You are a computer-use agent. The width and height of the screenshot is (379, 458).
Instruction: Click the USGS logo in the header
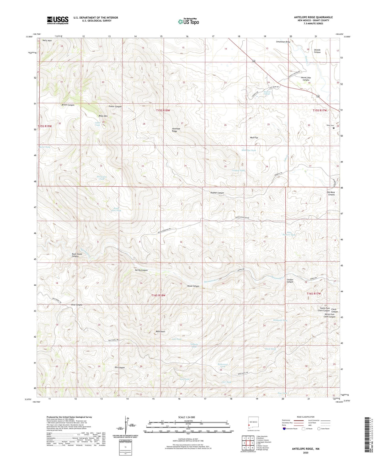click(x=58, y=20)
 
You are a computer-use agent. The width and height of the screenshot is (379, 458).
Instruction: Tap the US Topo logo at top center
click(x=188, y=22)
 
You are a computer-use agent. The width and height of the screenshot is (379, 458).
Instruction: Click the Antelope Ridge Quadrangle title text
click(x=313, y=17)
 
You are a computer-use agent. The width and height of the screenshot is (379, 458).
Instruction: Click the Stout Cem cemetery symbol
click(x=334, y=128)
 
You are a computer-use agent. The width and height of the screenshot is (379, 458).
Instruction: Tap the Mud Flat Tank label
click(x=248, y=150)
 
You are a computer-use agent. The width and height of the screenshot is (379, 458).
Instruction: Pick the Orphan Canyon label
click(x=217, y=193)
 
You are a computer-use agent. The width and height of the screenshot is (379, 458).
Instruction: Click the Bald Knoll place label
click(x=160, y=332)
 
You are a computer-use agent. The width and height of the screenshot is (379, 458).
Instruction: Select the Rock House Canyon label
click(x=77, y=255)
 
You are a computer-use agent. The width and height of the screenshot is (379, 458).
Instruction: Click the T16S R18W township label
click(x=158, y=295)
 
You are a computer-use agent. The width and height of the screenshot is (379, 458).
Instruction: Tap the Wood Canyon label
click(x=193, y=286)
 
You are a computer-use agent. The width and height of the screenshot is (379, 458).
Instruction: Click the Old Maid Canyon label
click(x=331, y=193)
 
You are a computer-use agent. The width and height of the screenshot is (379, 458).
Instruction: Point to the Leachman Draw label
click(x=283, y=42)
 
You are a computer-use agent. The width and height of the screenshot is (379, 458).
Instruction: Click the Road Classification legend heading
click(x=306, y=417)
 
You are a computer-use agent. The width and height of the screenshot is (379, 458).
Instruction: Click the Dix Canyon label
click(x=120, y=368)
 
